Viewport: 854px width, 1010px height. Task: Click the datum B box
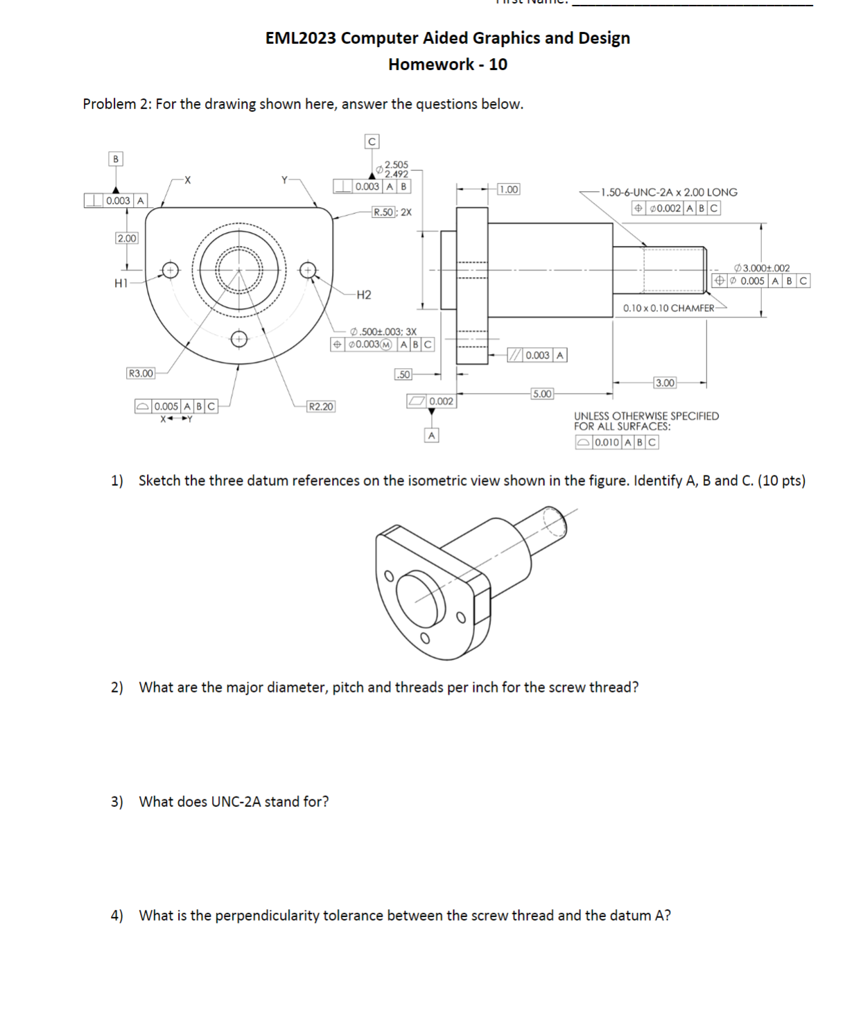116,159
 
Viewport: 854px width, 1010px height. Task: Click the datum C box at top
372,141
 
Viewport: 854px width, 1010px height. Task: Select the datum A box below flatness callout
431,435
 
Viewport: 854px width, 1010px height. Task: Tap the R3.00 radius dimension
141,373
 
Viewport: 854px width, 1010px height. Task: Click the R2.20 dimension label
320,406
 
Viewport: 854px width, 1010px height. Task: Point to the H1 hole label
121,283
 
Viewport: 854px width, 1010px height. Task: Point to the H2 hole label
363,295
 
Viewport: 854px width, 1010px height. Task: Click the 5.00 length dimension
542,394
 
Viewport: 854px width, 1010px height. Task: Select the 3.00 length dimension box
665,383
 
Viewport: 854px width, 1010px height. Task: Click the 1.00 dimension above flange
508,189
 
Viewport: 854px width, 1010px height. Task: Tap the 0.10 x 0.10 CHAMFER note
668,308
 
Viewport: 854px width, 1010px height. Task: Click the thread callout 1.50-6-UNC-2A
669,192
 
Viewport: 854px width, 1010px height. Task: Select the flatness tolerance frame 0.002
431,401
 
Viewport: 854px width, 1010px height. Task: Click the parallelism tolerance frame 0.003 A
537,355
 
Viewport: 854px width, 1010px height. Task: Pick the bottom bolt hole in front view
238,339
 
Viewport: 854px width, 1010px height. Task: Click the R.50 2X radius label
391,212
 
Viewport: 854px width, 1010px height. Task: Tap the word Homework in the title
431,64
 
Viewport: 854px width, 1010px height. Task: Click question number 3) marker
117,801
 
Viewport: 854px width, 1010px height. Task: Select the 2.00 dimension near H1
126,238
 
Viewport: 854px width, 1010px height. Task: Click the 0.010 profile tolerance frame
616,442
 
